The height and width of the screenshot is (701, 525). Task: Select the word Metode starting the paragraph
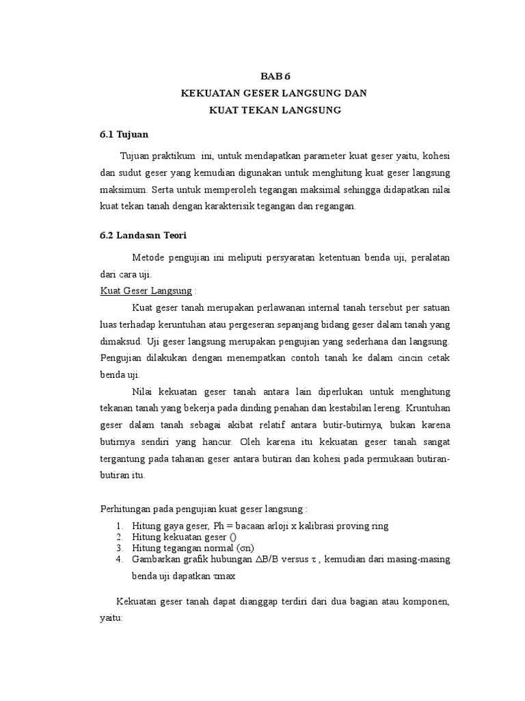tap(149, 257)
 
